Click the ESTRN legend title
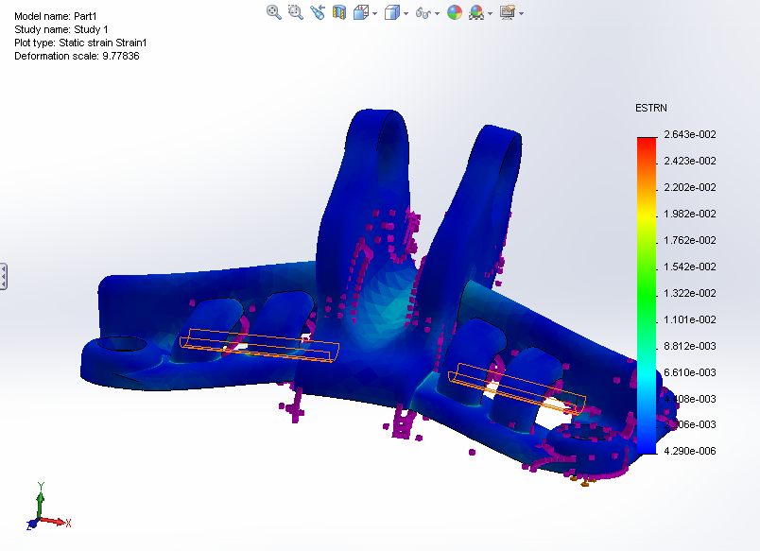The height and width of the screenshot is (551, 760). (652, 109)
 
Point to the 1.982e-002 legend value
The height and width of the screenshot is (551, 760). (690, 214)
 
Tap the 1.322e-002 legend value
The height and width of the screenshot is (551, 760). (690, 293)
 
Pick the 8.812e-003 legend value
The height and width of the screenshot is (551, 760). (690, 346)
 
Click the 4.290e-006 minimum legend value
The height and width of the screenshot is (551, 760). (690, 451)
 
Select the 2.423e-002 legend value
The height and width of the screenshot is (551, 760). (690, 161)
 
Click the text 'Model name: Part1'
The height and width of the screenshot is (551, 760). (54, 17)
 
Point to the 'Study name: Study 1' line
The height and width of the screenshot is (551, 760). (61, 30)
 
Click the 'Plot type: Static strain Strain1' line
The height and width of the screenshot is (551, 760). (80, 43)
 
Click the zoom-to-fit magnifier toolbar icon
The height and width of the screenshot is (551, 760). (274, 12)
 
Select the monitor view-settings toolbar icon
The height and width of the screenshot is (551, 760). (508, 12)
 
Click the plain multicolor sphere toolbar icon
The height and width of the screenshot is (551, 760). (455, 12)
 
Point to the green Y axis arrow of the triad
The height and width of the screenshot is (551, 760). (40, 491)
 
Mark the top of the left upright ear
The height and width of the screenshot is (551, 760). (377, 117)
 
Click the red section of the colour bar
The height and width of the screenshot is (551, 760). (647, 147)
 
